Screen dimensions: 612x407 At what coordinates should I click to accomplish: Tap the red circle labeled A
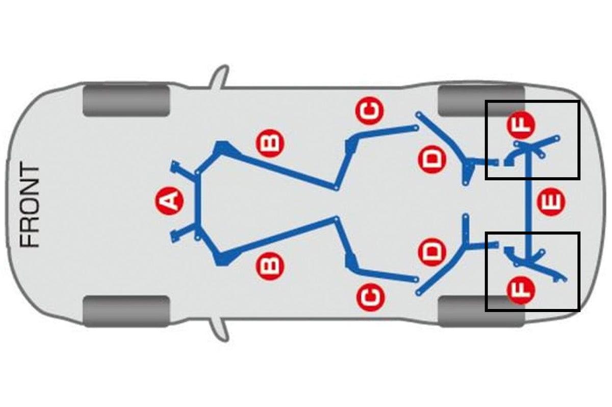point(169,201)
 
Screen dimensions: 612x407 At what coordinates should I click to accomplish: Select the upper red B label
point(270,143)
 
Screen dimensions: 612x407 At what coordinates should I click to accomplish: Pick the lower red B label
point(270,266)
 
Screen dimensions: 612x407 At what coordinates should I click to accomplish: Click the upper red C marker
point(370,110)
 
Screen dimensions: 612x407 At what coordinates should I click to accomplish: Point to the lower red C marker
point(370,297)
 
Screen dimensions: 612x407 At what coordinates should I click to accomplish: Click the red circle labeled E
point(550,202)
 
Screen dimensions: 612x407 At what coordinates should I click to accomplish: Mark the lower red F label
point(521,291)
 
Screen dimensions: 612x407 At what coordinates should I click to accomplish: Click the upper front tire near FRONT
point(126,101)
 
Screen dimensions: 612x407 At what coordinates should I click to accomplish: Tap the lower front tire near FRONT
point(126,312)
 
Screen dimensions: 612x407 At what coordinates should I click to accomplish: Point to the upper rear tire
point(481,101)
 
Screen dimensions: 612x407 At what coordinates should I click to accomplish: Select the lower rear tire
point(481,312)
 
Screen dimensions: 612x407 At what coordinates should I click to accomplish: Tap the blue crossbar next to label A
point(198,203)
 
